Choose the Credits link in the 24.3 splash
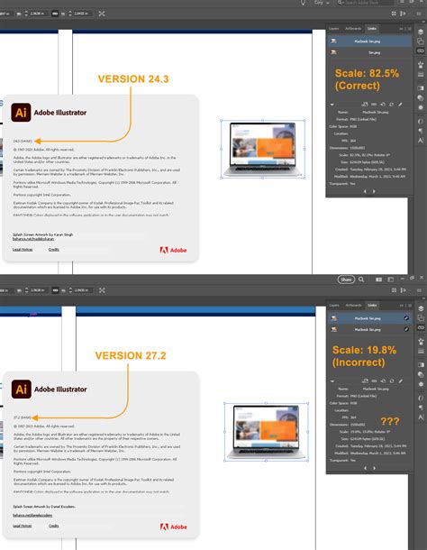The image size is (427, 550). coord(53,249)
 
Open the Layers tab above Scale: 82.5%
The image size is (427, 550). coord(333,28)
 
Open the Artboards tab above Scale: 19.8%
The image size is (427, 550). coord(356,306)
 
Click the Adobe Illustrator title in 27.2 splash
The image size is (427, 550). coord(61,390)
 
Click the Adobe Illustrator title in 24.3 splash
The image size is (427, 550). coord(61,114)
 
